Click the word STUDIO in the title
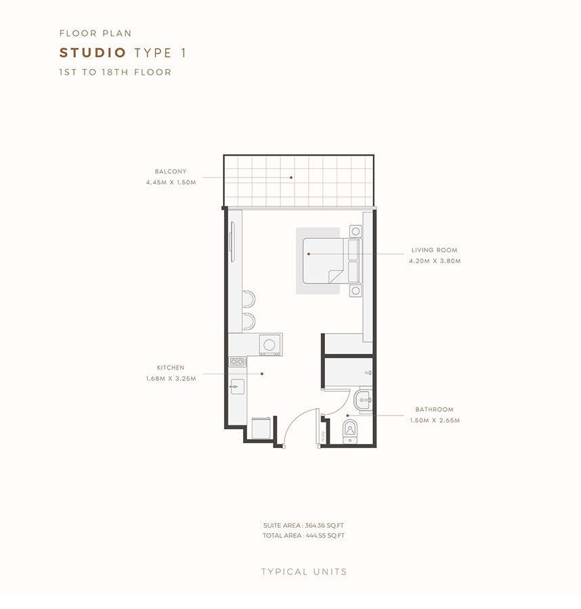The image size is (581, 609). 93,53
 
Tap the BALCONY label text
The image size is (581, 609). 170,172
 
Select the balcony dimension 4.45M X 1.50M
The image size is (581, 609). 170,183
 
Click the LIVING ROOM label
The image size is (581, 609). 433,250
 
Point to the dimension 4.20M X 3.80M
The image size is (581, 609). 434,261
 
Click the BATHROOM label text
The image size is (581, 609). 434,409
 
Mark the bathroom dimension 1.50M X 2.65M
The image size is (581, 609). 434,420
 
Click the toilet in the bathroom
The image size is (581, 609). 350,429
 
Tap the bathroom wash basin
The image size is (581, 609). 364,401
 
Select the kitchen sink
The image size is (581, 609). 236,387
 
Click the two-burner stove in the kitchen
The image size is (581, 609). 237,362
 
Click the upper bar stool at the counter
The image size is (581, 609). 249,298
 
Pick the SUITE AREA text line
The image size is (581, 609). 304,525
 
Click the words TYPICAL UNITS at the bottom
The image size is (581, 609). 304,572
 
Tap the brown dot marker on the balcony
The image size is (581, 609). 292,178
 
